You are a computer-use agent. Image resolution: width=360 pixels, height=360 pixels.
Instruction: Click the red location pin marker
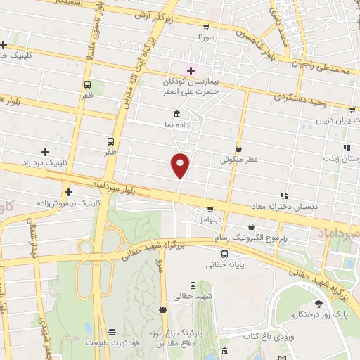[180, 165]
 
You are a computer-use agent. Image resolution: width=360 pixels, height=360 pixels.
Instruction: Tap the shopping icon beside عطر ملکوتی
[239, 148]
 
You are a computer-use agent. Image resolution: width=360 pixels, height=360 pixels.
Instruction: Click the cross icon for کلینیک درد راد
[46, 152]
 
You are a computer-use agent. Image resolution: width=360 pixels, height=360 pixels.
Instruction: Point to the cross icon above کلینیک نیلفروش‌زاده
[68, 192]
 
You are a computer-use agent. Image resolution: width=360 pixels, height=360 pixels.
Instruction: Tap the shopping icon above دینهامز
[210, 209]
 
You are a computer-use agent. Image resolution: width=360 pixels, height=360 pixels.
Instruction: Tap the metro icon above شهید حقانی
[193, 285]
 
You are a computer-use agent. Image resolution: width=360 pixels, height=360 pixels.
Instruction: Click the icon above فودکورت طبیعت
[110, 330]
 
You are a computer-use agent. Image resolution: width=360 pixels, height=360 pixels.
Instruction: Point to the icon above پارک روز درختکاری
[319, 303]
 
